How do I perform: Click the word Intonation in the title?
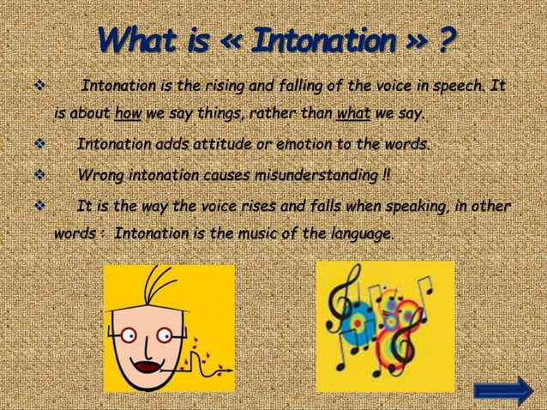pos(330,39)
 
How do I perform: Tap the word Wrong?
pos(97,176)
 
